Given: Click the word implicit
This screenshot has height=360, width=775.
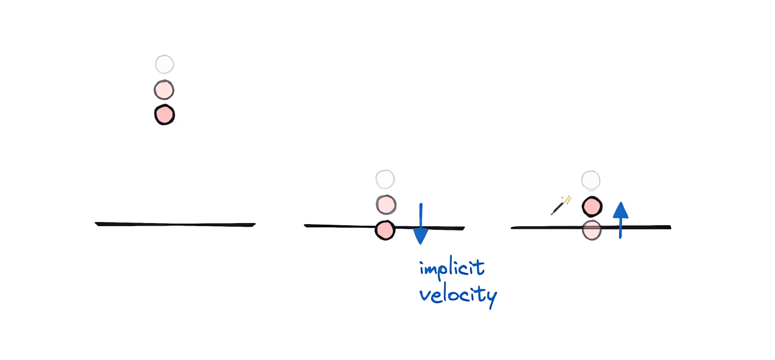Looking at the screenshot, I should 452,268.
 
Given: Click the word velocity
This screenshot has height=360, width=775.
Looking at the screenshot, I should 458,295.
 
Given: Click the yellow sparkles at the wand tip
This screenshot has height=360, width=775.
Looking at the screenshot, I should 567,200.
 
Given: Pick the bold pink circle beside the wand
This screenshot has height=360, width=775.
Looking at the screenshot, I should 592,207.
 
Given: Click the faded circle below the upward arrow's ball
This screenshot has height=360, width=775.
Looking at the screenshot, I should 591,230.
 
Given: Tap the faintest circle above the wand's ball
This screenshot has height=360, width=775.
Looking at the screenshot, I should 591,181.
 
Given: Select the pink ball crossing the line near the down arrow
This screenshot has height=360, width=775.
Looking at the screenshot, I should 385,230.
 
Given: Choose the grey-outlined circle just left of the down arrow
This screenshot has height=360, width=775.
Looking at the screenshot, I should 386,204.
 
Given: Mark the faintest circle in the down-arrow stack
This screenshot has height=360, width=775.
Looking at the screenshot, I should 385,179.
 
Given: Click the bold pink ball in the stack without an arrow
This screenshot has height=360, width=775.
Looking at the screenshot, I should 165,115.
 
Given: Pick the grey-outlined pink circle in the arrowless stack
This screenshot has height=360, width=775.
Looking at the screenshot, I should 164,90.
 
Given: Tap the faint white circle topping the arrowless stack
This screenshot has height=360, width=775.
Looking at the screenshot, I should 165,64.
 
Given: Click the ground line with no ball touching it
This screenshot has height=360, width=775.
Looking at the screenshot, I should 175,224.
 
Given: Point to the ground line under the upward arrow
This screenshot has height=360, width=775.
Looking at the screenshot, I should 642,227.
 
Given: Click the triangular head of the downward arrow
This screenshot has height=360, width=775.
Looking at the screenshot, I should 420,236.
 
